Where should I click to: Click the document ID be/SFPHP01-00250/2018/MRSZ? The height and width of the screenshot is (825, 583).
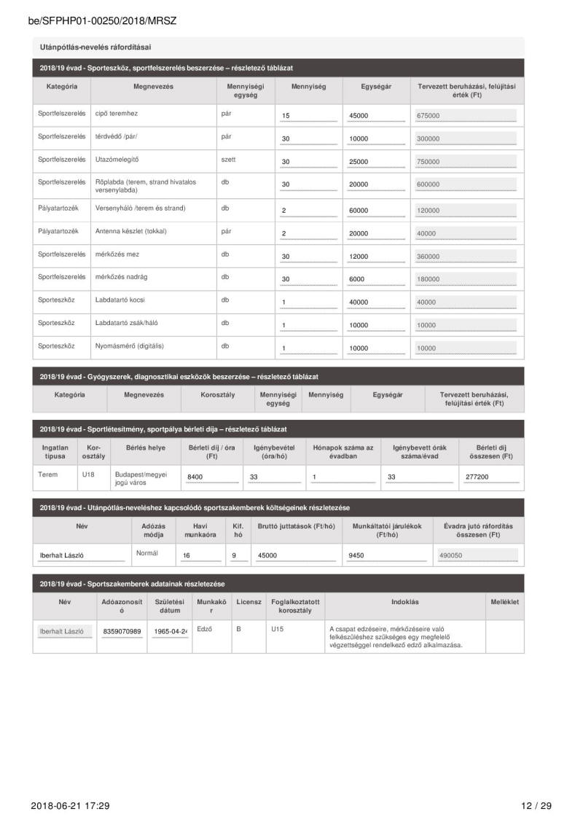[102, 21]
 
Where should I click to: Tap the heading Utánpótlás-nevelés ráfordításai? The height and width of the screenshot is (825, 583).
[95, 47]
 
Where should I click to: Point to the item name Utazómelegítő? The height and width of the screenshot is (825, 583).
[117, 159]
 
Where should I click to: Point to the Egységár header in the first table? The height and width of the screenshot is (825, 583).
[376, 87]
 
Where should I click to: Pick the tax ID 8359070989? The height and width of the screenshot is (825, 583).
[122, 632]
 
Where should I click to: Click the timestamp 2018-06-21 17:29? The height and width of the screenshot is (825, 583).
[70, 805]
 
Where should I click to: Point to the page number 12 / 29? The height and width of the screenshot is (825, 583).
[536, 805]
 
